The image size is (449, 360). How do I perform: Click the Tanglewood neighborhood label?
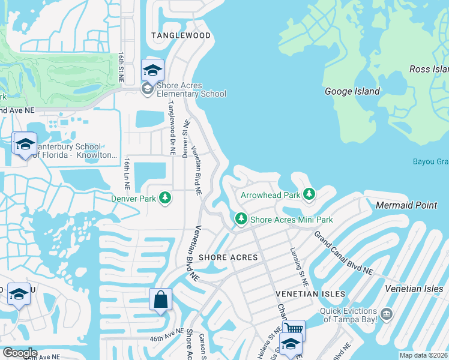(x=181, y=35)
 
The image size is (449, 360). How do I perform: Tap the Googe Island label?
(x=352, y=92)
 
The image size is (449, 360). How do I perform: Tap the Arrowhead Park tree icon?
(x=309, y=194)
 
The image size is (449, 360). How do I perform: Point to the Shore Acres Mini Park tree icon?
(x=241, y=220)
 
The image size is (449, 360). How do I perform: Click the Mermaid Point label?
(x=406, y=205)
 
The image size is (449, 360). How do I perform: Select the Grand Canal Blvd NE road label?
(x=343, y=252)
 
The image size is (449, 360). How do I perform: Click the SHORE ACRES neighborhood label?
(x=228, y=257)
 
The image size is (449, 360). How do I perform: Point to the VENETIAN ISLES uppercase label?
(x=310, y=294)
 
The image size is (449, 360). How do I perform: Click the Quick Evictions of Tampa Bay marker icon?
(x=387, y=314)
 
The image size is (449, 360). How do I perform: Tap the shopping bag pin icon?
(x=161, y=299)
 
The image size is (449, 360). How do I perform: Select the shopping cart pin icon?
(x=294, y=329)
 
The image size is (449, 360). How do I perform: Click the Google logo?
(x=19, y=353)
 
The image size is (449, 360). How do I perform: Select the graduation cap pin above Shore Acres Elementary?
(x=152, y=70)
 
